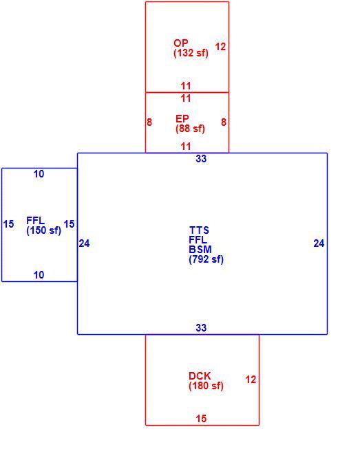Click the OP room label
click(x=181, y=43)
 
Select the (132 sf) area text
click(x=191, y=53)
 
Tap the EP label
click(x=182, y=119)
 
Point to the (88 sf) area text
click(x=191, y=129)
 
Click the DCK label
click(x=200, y=376)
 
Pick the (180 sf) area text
click(x=207, y=386)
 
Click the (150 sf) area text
click(x=44, y=230)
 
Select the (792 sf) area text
click(x=207, y=259)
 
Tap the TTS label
click(x=199, y=230)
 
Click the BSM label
click(x=200, y=250)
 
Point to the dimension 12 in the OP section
click(x=220, y=47)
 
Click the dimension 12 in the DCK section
click(x=251, y=380)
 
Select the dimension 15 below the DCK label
click(x=201, y=419)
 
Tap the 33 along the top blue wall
click(x=201, y=159)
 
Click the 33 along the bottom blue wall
click(x=201, y=328)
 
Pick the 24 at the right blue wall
click(x=319, y=243)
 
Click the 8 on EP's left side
click(x=149, y=122)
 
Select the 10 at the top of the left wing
click(x=39, y=174)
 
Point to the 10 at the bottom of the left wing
click(x=39, y=275)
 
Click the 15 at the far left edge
click(x=8, y=224)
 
